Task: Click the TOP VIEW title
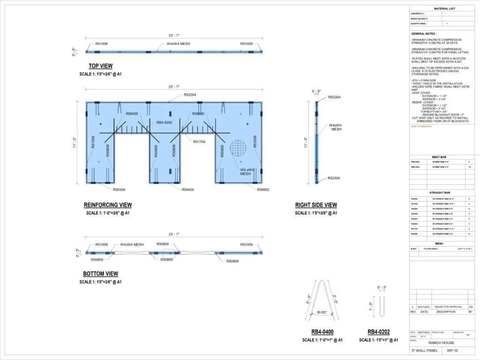click(x=100, y=66)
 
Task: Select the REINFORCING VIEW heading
click(x=107, y=205)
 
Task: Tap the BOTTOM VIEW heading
click(x=100, y=274)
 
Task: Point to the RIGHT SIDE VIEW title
click(x=315, y=205)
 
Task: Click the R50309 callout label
click(x=119, y=190)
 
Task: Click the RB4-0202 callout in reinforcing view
click(x=164, y=122)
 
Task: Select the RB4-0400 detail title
click(x=322, y=332)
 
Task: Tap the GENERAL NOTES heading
click(x=424, y=34)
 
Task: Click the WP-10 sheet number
click(x=452, y=351)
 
